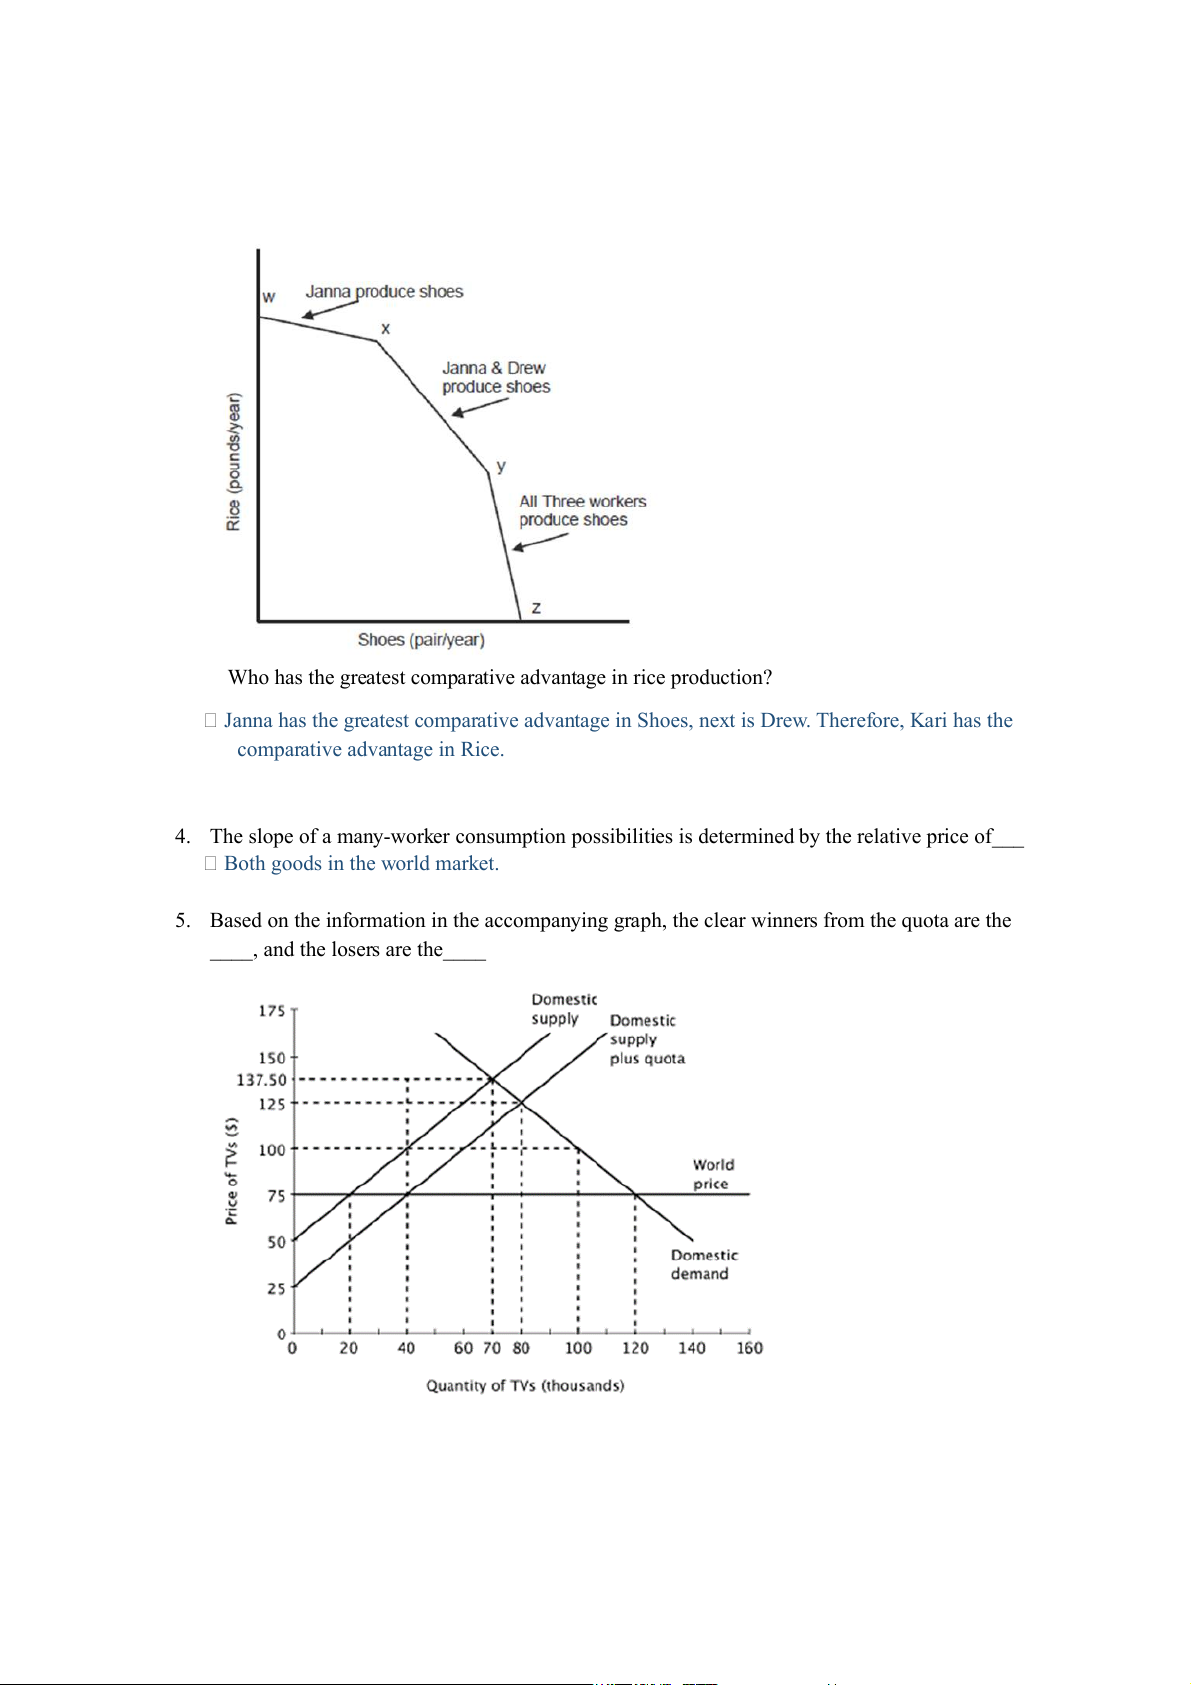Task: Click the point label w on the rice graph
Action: [x=268, y=297]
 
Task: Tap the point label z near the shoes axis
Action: [x=536, y=608]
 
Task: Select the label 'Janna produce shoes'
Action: [x=384, y=292]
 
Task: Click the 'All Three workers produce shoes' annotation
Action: [x=582, y=510]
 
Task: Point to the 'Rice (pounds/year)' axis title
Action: [x=234, y=462]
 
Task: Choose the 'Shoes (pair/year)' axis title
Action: [x=421, y=640]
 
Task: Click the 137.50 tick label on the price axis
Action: [x=261, y=1080]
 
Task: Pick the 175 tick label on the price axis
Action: [x=272, y=1011]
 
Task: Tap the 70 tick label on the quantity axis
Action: [x=492, y=1348]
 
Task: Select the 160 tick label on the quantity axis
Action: [x=749, y=1348]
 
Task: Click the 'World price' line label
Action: [x=713, y=1174]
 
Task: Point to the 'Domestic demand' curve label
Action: [x=704, y=1264]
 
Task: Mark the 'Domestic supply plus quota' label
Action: [x=646, y=1039]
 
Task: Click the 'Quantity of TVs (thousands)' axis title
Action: [x=525, y=1386]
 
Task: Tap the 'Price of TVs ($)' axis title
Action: [x=232, y=1171]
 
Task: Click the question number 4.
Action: [x=182, y=837]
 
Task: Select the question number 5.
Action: [x=182, y=921]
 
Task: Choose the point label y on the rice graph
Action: [x=501, y=466]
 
